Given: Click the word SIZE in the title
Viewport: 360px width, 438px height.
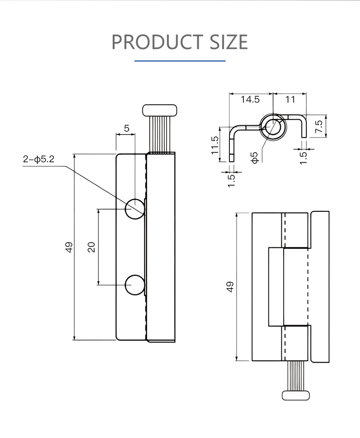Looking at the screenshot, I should click(228, 42).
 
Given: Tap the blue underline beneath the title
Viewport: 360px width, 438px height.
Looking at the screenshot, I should click(180, 61).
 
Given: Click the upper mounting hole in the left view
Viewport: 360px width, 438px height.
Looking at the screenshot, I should click(135, 209).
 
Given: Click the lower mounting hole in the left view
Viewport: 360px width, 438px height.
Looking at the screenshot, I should click(135, 285).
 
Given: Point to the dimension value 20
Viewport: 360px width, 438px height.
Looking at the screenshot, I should click(91, 247).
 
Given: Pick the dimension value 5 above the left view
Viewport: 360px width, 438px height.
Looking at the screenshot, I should click(127, 128).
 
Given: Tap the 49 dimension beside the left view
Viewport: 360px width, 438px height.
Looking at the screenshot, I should click(69, 247).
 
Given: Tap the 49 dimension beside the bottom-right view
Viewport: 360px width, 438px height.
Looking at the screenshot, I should click(230, 287).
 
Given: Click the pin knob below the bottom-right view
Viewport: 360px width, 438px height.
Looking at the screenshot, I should click(296, 395).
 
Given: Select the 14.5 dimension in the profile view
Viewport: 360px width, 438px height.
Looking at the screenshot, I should click(250, 99).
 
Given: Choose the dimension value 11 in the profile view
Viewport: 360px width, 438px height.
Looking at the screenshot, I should click(290, 99).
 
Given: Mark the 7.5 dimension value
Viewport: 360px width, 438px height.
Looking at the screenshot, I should click(319, 126).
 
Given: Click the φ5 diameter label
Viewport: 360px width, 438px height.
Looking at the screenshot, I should click(255, 158).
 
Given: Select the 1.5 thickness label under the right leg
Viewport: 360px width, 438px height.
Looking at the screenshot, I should click(303, 157).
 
